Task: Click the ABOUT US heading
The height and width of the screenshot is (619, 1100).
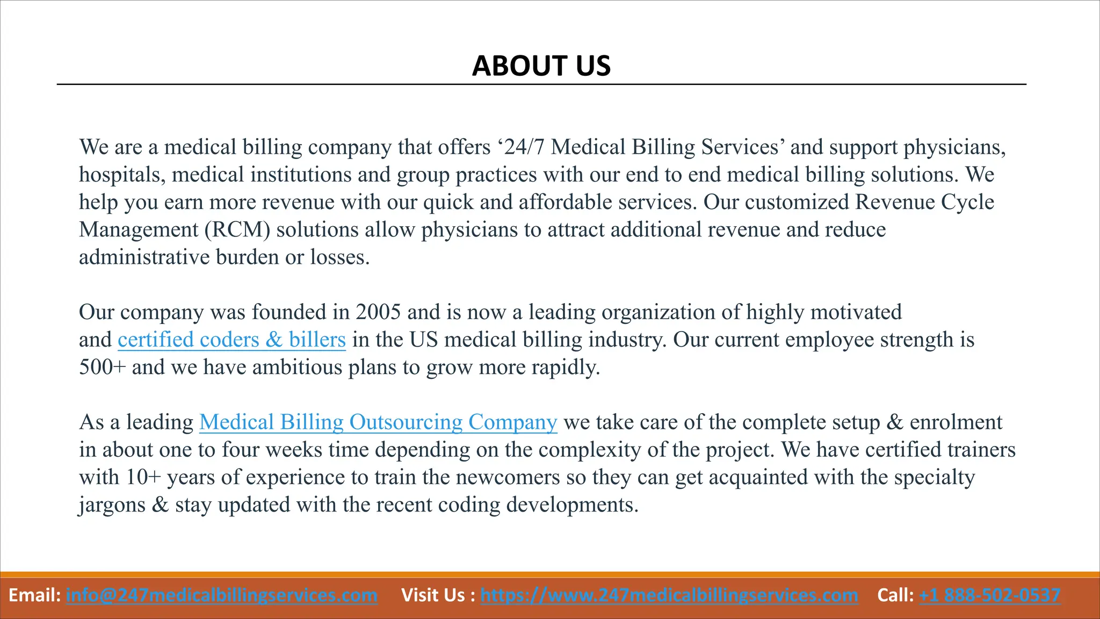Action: [x=541, y=66]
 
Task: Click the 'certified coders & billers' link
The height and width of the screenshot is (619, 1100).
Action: [x=231, y=340]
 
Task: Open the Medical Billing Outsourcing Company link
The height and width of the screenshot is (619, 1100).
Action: [x=378, y=422]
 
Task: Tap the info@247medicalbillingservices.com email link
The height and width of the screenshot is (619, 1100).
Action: [x=221, y=595]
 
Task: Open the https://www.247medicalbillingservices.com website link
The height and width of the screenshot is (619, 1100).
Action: [x=669, y=595]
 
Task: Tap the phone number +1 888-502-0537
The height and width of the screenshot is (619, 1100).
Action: [x=990, y=595]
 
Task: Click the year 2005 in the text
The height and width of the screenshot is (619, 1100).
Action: [x=378, y=312]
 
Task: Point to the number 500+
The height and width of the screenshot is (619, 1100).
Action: [x=102, y=368]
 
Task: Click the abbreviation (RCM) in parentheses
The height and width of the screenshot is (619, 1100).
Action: [x=237, y=230]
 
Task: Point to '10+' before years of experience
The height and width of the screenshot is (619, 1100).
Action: [x=143, y=477]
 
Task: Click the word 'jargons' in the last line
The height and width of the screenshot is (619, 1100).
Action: [x=112, y=505]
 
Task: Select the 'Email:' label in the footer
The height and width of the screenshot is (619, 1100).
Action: [x=35, y=595]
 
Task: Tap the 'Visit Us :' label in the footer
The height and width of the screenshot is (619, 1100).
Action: [x=438, y=595]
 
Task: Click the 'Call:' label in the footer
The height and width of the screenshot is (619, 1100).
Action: [x=895, y=595]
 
